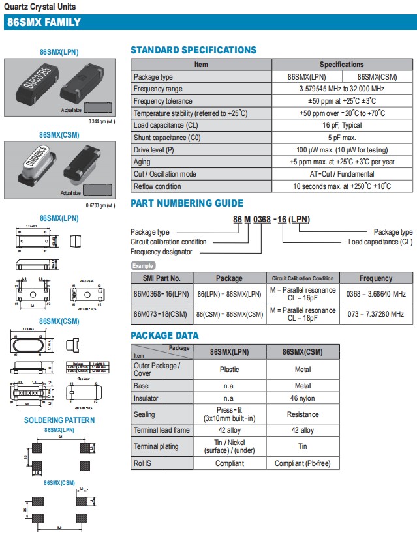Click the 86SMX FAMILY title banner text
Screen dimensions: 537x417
pos(43,22)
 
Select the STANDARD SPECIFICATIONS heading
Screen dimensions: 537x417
pos(193,50)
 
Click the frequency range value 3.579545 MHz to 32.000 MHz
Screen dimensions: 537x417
pos(341,89)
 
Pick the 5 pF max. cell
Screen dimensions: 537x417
pos(341,138)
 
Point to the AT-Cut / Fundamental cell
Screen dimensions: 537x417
pos(341,174)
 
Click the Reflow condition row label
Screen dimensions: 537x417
pos(157,186)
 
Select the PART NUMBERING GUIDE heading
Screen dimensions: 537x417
pos(187,203)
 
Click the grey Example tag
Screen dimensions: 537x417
pos(144,266)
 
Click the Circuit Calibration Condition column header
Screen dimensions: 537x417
pos(302,278)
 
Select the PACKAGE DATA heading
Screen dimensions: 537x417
pos(164,336)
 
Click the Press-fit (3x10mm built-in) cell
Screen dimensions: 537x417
pos(229,414)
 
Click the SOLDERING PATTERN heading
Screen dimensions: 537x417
pos(59,420)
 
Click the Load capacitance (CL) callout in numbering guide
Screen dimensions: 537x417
pos(380,242)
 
